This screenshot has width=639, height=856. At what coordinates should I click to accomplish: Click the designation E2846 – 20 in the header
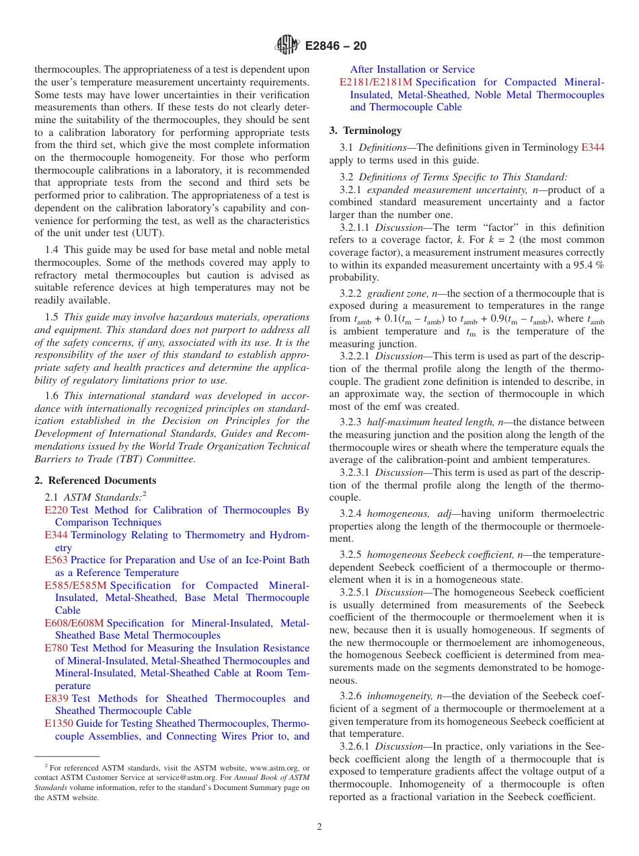336,46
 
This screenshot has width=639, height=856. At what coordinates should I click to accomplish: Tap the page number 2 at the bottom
319,827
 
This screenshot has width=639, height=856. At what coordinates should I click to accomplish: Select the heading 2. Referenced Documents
96,480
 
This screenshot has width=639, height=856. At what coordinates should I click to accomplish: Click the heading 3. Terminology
365,131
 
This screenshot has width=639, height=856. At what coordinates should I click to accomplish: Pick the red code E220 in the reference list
56,510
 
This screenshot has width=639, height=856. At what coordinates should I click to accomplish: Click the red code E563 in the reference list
56,560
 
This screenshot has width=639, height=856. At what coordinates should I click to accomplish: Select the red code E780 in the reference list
56,648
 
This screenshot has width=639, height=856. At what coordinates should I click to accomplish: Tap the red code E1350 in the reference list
59,723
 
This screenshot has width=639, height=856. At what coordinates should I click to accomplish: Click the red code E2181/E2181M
376,82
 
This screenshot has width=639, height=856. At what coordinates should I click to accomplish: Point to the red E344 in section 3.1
593,147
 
